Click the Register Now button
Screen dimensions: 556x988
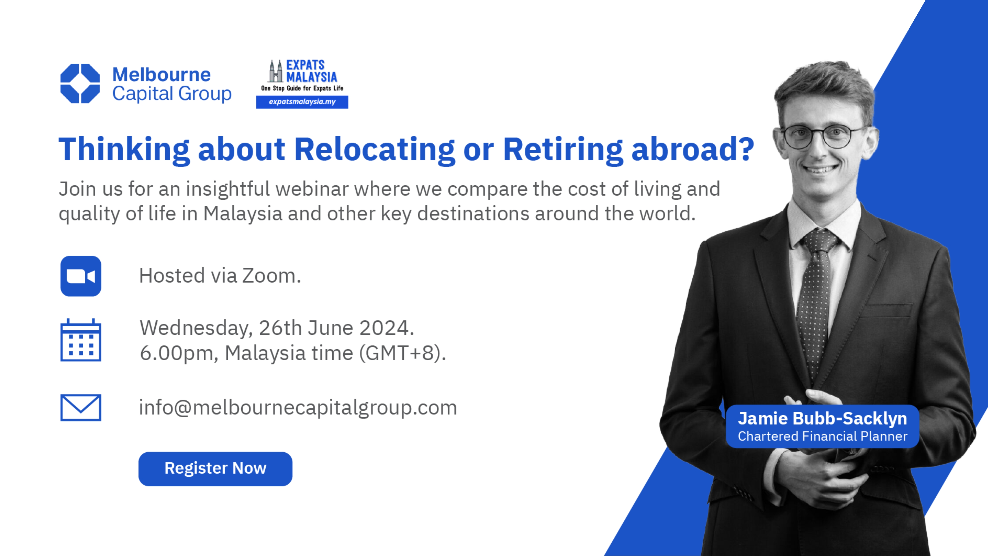(x=215, y=469)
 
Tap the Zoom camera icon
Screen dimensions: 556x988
(x=81, y=276)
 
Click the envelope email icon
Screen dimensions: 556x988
(x=81, y=408)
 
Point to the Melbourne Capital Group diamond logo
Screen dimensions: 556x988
(x=80, y=83)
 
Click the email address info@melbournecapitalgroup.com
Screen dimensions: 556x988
(x=298, y=408)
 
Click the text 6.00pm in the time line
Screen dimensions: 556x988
(x=176, y=353)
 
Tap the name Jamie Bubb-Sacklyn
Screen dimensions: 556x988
(x=822, y=418)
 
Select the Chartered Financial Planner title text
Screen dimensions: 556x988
(x=822, y=436)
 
